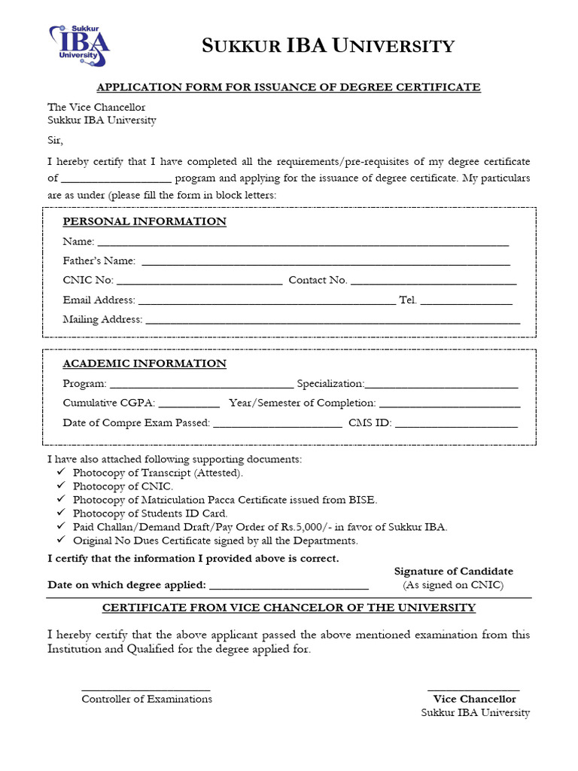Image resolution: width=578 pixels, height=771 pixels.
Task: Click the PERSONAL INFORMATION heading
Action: (x=144, y=221)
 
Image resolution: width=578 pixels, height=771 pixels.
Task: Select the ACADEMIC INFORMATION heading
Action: (x=144, y=364)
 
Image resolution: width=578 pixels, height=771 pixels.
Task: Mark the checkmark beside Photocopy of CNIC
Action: (x=61, y=486)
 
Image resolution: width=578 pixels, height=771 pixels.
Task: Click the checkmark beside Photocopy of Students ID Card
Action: (x=61, y=513)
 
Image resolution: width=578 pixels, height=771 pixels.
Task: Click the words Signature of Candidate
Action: (x=453, y=571)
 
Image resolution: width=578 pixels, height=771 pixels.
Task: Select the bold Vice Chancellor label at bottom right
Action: (x=474, y=699)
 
